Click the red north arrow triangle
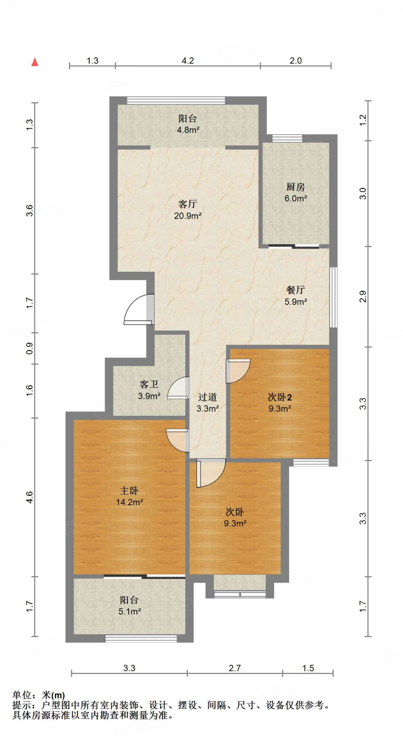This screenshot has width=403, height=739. pyautogui.click(x=35, y=62)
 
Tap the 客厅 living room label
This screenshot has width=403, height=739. pyautogui.click(x=187, y=204)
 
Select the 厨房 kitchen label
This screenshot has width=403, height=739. pyautogui.click(x=295, y=187)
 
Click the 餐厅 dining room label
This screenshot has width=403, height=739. pyautogui.click(x=295, y=290)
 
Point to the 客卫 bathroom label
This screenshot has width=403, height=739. pyautogui.click(x=149, y=384)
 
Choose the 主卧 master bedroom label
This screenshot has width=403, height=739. pyautogui.click(x=129, y=491)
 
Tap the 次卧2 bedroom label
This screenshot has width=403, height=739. pyautogui.click(x=279, y=397)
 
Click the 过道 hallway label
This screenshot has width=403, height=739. pyautogui.click(x=207, y=397)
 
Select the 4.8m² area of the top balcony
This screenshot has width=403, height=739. pyautogui.click(x=188, y=130)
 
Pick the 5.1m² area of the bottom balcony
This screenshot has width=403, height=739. pyautogui.click(x=129, y=611)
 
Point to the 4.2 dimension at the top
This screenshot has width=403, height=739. pyautogui.click(x=187, y=61)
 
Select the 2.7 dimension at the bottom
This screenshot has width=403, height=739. pyautogui.click(x=234, y=668)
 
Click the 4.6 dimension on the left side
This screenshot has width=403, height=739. pyautogui.click(x=30, y=497)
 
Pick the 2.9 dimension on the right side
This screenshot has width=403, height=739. pyautogui.click(x=363, y=297)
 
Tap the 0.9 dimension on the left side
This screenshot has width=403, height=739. pyautogui.click(x=30, y=348)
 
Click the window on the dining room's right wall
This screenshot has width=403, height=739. pyautogui.click(x=334, y=297)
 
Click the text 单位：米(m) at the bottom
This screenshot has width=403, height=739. pyautogui.click(x=39, y=695)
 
